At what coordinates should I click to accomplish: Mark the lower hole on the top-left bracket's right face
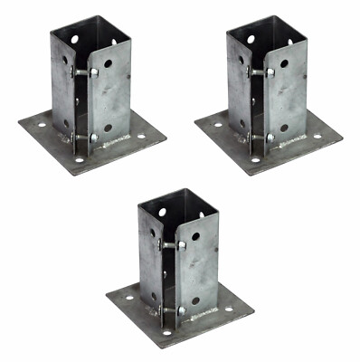point(108,128)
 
